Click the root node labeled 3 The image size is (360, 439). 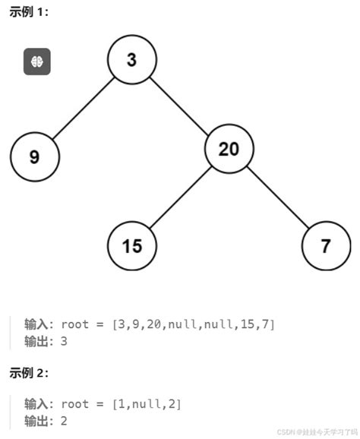pyautogui.click(x=131, y=60)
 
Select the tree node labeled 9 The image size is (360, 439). pyautogui.click(x=35, y=157)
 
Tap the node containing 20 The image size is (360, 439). pyautogui.click(x=229, y=149)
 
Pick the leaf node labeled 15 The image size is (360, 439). pyautogui.click(x=131, y=246)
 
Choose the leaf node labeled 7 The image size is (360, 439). pyautogui.click(x=326, y=246)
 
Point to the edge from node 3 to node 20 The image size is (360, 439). pyautogui.click(x=180, y=105)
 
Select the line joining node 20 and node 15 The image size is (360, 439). pyautogui.click(x=180, y=197)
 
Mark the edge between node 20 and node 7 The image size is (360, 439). pyautogui.click(x=277, y=197)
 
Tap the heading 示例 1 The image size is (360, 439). pyautogui.click(x=29, y=12)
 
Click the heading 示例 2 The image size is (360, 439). pyautogui.click(x=29, y=373)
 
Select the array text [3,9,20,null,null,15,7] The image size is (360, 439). pyautogui.click(x=193, y=324)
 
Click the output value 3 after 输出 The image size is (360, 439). pyautogui.click(x=64, y=342)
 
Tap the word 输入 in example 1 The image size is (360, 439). pyautogui.click(x=35, y=324)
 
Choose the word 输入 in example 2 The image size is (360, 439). pyautogui.click(x=35, y=404)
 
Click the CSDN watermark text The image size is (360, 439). pyautogui.click(x=317, y=431)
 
